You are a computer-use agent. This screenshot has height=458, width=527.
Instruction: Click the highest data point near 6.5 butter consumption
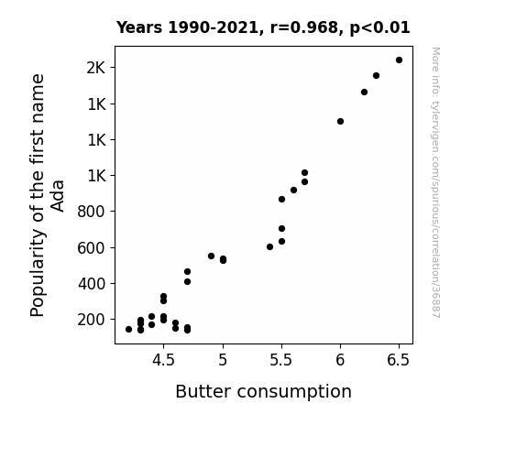[399, 60]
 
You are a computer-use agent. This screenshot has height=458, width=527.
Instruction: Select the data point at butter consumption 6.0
[340, 121]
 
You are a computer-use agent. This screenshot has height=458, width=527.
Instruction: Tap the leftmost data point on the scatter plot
[128, 330]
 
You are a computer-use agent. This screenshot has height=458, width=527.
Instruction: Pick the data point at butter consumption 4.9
[211, 256]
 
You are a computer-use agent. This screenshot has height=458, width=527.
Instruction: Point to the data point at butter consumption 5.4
[269, 247]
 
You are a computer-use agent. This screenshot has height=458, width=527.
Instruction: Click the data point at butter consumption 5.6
[293, 191]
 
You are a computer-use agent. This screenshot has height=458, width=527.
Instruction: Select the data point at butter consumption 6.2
[364, 93]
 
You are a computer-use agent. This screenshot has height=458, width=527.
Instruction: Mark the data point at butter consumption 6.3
[376, 76]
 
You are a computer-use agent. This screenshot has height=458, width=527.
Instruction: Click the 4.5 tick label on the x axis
[163, 360]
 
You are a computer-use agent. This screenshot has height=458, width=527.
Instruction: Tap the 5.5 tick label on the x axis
[281, 360]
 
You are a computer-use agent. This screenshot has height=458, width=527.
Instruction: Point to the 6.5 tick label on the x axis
[399, 360]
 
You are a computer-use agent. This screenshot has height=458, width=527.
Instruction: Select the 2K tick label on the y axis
[96, 68]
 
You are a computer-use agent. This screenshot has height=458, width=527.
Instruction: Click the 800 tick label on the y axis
[92, 212]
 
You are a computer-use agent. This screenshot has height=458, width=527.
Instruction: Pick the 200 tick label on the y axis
[92, 320]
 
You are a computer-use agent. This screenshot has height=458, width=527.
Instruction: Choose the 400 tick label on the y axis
[92, 284]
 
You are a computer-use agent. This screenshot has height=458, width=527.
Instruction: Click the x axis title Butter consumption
[264, 392]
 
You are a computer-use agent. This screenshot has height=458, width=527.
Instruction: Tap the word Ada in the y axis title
[57, 196]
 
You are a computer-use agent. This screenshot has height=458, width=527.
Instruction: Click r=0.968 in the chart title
[303, 27]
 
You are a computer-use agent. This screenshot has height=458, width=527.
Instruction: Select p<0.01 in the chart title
[379, 28]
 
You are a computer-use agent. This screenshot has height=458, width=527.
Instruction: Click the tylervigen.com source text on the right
[435, 182]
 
